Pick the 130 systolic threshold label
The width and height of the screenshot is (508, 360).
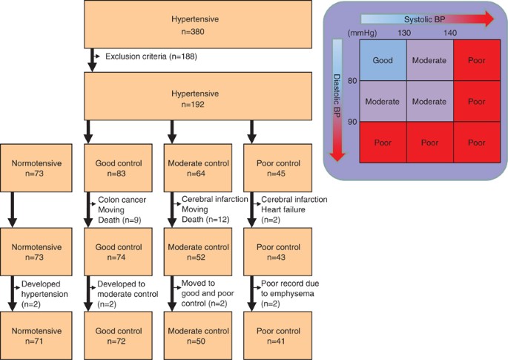click(405, 33)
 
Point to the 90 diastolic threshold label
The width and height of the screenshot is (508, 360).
click(353, 121)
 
